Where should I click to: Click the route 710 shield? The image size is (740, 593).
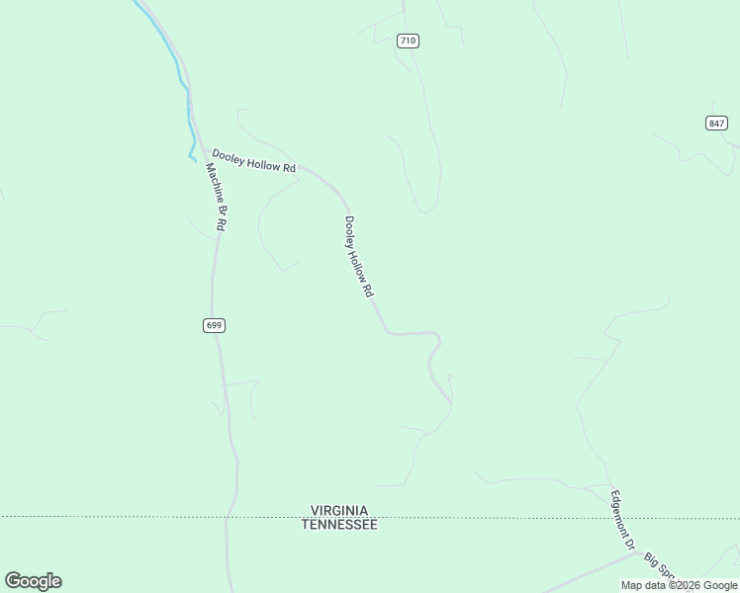coord(408,41)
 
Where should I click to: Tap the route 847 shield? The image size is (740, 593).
coord(717,123)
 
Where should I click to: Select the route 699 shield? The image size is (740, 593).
coord(215,325)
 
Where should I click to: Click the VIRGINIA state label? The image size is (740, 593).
coord(339,511)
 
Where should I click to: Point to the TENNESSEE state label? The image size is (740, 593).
coord(339,525)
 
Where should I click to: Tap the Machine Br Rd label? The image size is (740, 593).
coord(217,196)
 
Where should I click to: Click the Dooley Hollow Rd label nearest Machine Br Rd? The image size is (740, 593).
coord(253,161)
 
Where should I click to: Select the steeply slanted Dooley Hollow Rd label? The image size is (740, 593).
coord(358,257)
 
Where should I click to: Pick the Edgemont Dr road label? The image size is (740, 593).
coord(621,520)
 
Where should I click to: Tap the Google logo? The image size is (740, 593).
coord(33,581)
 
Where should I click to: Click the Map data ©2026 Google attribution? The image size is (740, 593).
coord(679,585)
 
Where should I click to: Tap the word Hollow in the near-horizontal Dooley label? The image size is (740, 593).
coord(258,162)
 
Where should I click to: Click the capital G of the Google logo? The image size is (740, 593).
coord(13,581)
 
